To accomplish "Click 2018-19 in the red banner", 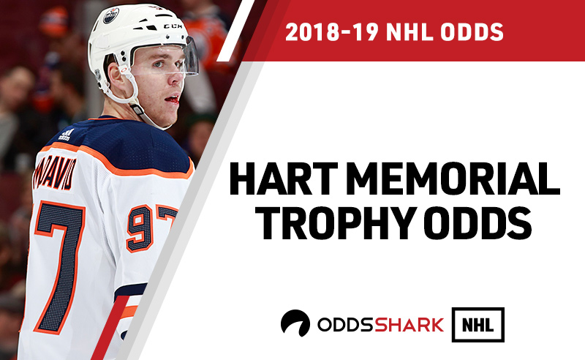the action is tap(332, 31).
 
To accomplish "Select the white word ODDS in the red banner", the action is tap(472, 31).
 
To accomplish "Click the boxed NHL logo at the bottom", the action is tap(478, 325).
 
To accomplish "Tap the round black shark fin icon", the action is tap(295, 323).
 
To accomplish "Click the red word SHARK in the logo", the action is tap(409, 325).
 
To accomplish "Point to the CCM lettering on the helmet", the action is tap(173, 26).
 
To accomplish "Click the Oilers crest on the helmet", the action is tap(111, 15).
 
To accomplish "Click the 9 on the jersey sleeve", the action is tap(140, 228).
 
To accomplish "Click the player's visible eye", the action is tap(158, 64).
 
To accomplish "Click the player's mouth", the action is tap(173, 100).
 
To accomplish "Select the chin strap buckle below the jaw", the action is tap(137, 109).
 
